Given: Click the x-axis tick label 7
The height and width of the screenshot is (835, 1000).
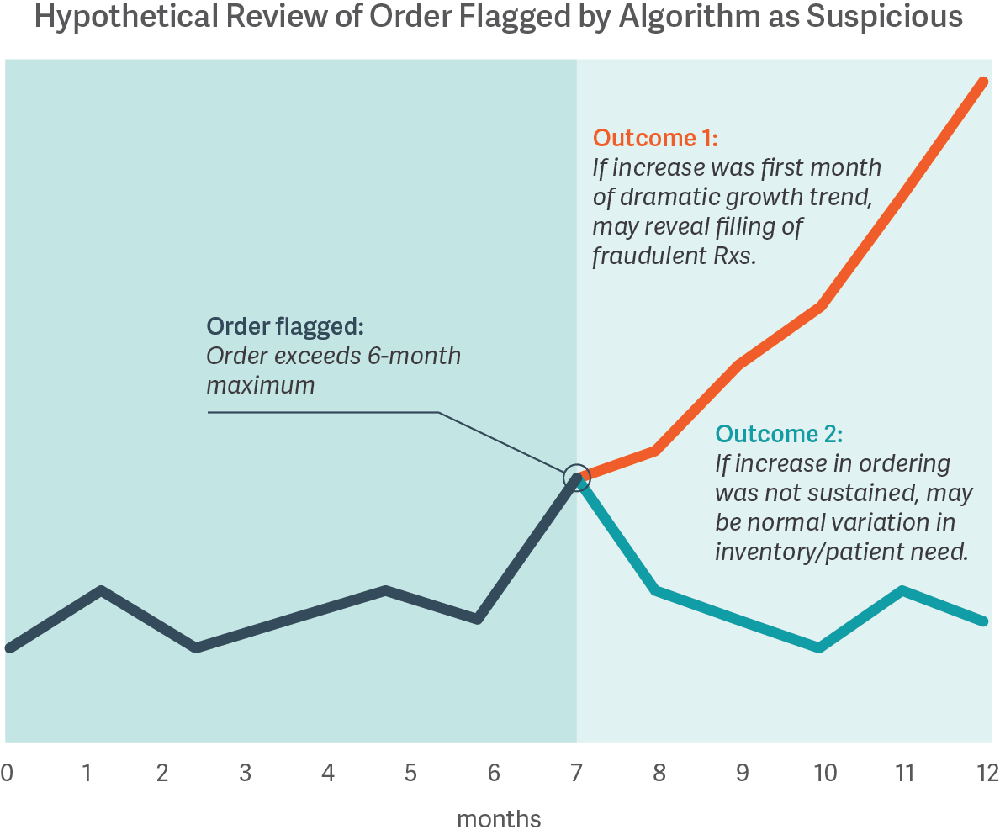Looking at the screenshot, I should click(x=576, y=772).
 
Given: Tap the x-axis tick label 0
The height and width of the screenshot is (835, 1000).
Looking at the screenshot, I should click(x=8, y=772).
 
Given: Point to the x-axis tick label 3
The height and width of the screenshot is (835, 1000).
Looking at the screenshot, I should click(x=245, y=772).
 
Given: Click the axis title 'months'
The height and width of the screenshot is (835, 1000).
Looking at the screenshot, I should click(x=499, y=818).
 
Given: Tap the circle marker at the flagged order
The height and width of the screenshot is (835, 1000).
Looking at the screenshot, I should click(x=576, y=478).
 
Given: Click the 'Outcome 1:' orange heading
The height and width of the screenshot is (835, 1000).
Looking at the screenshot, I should click(x=655, y=138).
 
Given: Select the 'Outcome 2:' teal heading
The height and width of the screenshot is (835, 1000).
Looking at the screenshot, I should click(x=778, y=434).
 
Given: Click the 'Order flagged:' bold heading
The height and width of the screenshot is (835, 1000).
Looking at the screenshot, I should click(x=286, y=326).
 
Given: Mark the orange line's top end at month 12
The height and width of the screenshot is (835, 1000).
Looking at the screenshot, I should click(x=984, y=81).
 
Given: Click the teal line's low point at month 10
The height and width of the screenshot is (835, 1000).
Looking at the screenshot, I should click(x=818, y=647).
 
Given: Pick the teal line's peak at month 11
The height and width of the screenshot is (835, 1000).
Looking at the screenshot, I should click(x=902, y=589).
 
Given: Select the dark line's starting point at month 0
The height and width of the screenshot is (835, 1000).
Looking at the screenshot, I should click(x=8, y=648).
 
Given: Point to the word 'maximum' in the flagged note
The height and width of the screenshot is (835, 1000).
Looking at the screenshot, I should click(x=260, y=386).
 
